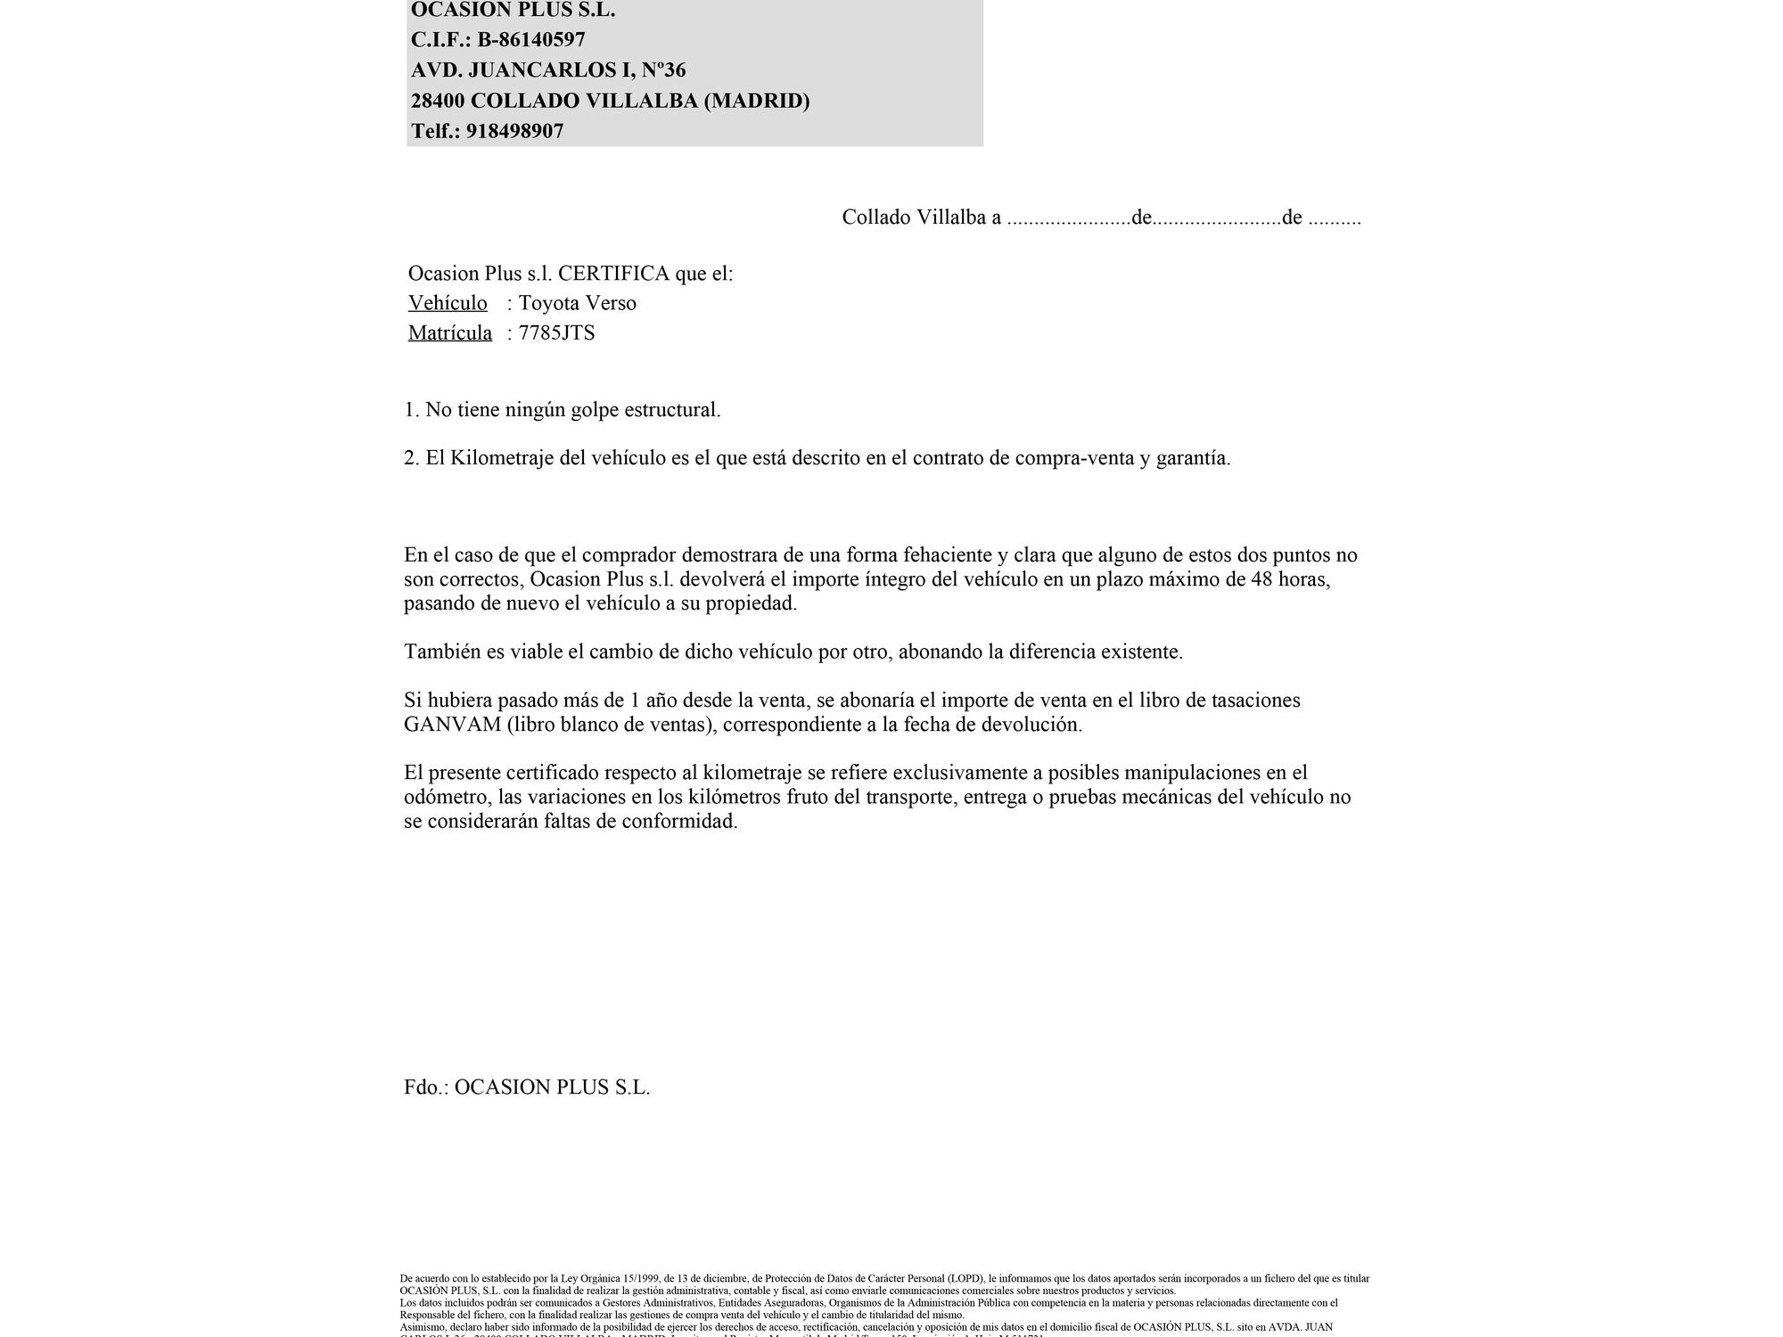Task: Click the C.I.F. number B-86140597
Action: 531,40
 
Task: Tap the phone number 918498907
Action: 514,131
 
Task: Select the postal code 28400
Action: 437,101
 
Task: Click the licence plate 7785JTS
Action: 556,333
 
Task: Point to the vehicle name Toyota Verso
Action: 577,303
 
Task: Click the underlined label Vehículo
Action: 448,303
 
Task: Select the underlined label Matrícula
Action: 450,333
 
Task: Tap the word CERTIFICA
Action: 613,274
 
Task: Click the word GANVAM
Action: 452,725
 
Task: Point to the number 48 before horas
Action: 1262,579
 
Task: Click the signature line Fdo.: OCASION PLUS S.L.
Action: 527,1087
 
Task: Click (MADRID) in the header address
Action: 757,101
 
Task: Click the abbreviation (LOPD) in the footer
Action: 965,1278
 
